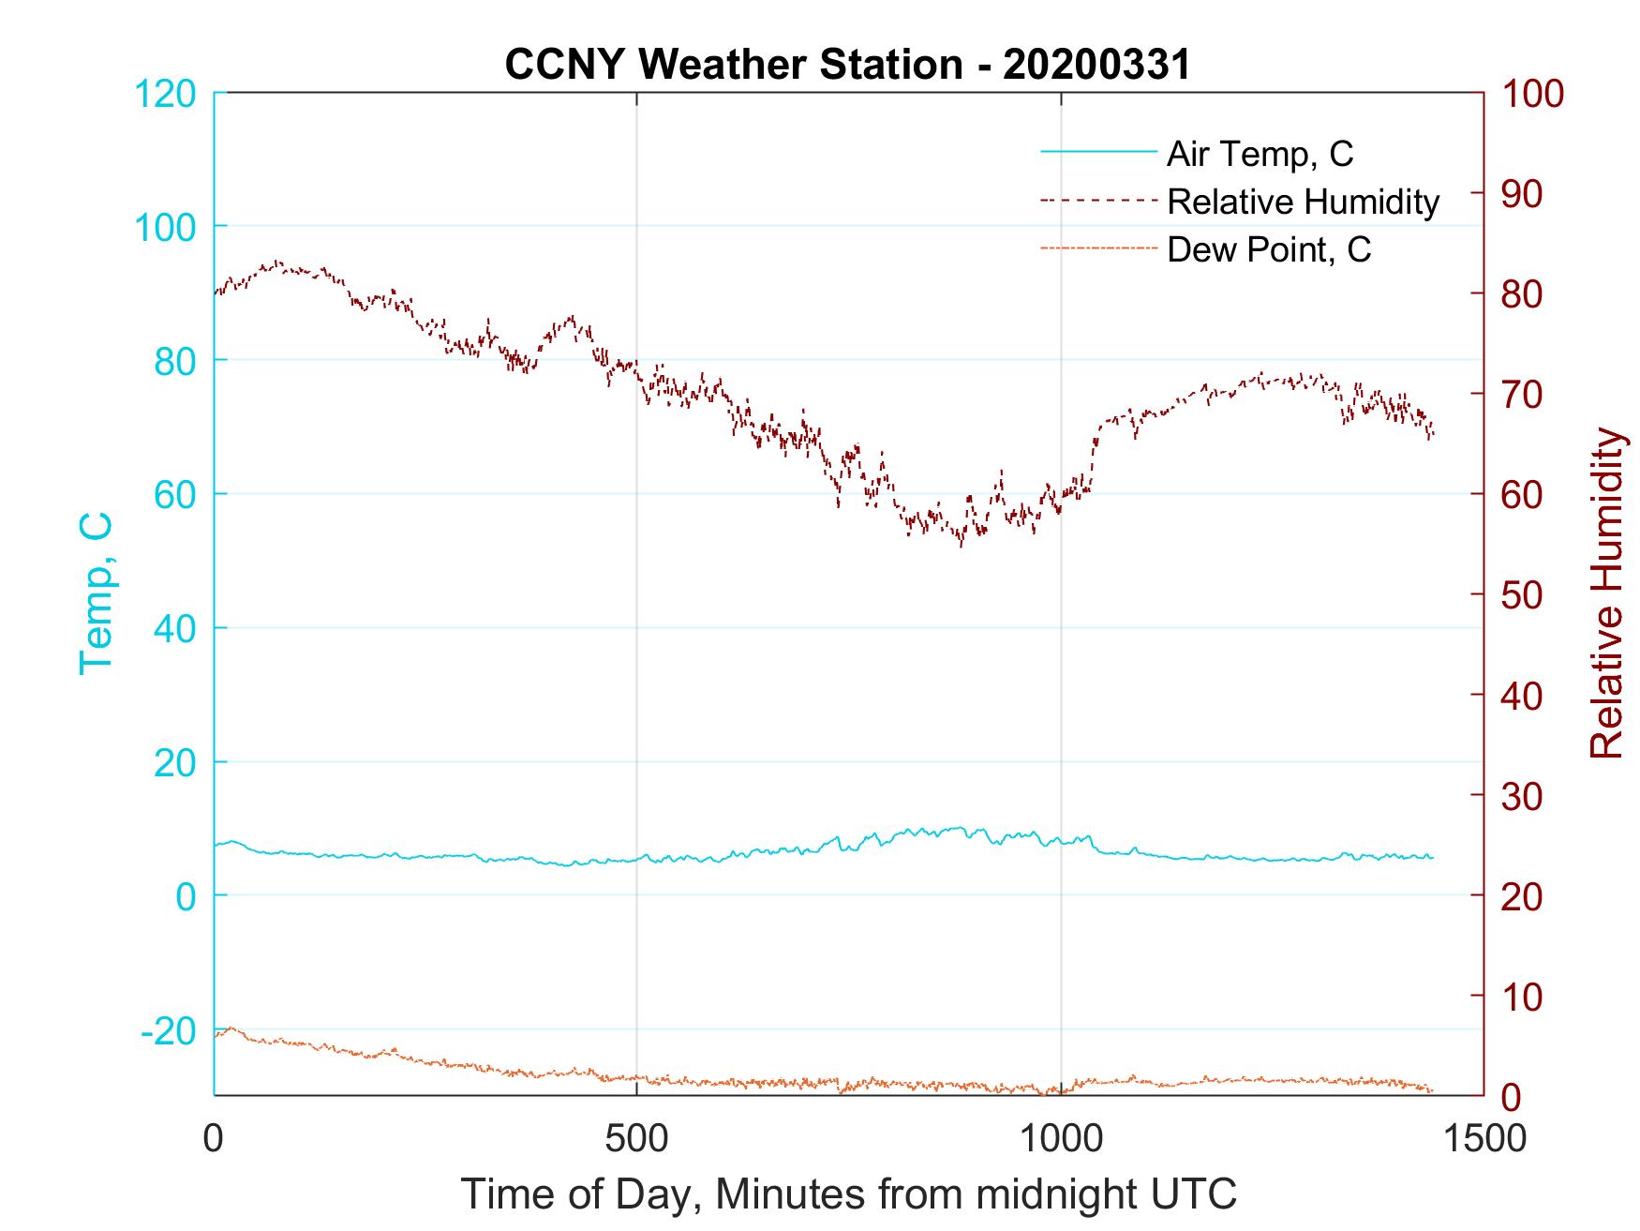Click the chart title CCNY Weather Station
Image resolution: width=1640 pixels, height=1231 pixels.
point(847,65)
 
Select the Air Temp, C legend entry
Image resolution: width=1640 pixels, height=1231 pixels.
point(1260,154)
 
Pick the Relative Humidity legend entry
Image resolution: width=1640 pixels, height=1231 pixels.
point(1303,202)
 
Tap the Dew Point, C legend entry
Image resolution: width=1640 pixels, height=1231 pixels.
point(1269,249)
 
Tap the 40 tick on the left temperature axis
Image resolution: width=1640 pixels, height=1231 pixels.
point(173,630)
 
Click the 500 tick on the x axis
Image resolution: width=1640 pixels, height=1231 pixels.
point(636,1139)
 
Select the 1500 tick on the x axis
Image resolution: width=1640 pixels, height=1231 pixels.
point(1483,1139)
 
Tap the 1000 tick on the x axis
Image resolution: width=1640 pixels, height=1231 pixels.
point(1060,1139)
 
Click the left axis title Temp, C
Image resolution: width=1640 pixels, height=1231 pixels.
point(96,593)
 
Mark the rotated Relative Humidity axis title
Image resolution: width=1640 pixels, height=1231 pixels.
point(1606,593)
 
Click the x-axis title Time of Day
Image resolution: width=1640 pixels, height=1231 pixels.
point(848,1194)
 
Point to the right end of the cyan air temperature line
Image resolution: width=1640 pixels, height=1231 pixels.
point(1433,858)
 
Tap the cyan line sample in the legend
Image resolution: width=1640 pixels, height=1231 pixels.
point(1098,152)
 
